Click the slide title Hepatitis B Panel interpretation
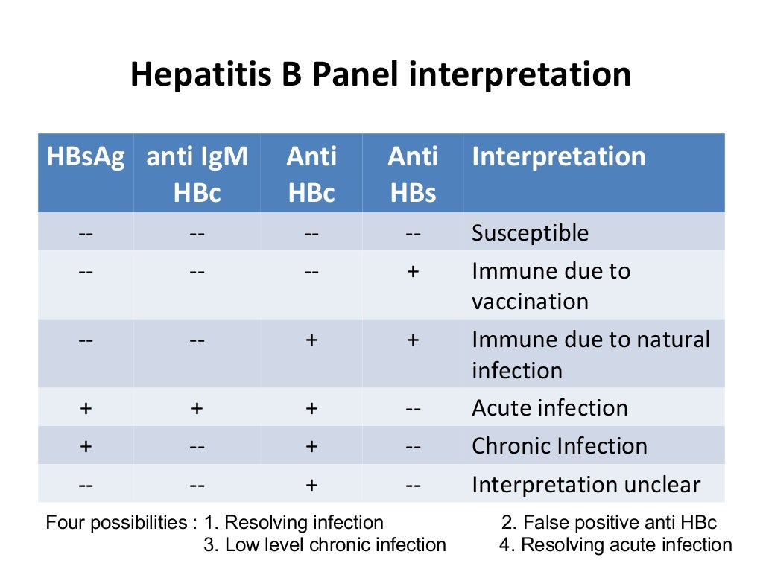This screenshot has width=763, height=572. (x=381, y=75)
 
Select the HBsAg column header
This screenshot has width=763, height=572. (x=86, y=157)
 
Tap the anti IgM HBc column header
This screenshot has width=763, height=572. (x=197, y=174)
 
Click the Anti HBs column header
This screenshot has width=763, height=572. (x=413, y=174)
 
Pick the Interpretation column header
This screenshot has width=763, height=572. (x=559, y=157)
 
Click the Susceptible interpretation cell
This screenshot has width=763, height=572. (x=530, y=233)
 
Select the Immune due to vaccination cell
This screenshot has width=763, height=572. (x=551, y=285)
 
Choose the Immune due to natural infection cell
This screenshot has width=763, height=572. (x=591, y=355)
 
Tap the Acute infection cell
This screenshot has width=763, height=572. (x=550, y=408)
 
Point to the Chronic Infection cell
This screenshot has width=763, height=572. (x=560, y=446)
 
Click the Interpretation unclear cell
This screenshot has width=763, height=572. (x=586, y=486)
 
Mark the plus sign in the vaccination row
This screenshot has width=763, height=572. (x=413, y=271)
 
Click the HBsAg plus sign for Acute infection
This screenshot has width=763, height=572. (x=86, y=408)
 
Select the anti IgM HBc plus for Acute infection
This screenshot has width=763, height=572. (x=197, y=408)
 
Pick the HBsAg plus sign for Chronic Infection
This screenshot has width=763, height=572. (x=86, y=446)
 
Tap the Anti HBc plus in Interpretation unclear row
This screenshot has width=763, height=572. (x=311, y=486)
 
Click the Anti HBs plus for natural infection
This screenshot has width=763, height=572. (x=413, y=340)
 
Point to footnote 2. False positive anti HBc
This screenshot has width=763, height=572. (x=609, y=523)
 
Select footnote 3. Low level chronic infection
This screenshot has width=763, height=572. (x=325, y=545)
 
